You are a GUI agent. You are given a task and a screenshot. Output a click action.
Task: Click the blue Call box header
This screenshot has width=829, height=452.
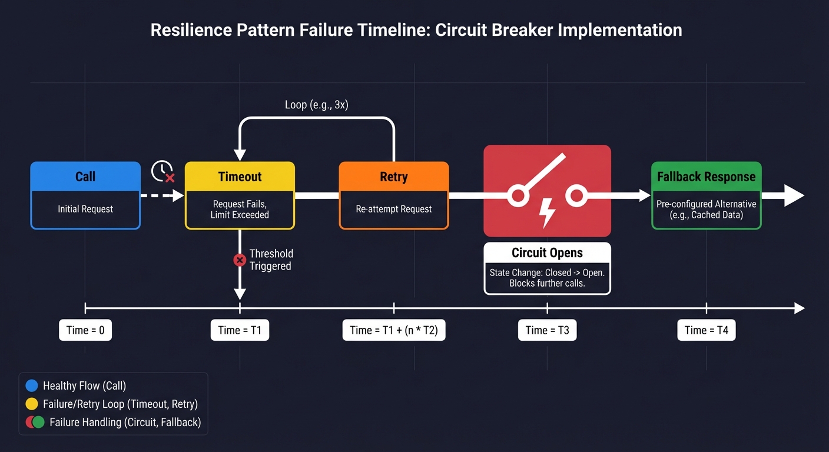(x=85, y=177)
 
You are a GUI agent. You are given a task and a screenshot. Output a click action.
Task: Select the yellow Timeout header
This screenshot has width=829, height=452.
(x=240, y=177)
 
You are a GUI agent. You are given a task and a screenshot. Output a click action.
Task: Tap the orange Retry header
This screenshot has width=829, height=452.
(x=393, y=177)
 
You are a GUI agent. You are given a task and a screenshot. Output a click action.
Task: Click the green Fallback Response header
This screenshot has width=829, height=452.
(x=706, y=177)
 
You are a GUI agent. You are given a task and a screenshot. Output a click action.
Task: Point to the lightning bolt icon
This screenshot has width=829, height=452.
(x=548, y=213)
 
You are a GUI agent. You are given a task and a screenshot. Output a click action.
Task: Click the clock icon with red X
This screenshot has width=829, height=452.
(x=163, y=171)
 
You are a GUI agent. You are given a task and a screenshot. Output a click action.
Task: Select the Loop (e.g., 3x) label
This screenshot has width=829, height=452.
(x=317, y=105)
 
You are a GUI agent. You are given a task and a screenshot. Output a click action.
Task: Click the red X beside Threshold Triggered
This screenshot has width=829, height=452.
(x=240, y=260)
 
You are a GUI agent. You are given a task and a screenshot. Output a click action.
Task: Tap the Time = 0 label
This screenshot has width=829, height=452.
(x=85, y=330)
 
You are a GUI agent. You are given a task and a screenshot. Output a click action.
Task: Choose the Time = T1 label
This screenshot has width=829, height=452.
(x=240, y=330)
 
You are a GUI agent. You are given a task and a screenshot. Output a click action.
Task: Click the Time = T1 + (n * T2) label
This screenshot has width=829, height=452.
(x=394, y=330)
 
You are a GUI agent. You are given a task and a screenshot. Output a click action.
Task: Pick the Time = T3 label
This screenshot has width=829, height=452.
(x=547, y=330)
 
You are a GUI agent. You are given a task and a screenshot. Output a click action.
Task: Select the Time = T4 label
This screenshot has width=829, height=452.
(x=706, y=330)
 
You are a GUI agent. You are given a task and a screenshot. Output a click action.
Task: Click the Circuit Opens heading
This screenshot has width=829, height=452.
(x=547, y=253)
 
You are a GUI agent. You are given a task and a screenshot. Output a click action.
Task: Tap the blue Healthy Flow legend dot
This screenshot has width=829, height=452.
(x=32, y=386)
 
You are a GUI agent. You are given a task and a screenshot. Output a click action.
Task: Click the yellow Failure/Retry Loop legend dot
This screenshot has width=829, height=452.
(x=32, y=404)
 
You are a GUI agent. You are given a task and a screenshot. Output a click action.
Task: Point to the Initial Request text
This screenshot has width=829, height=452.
(x=85, y=209)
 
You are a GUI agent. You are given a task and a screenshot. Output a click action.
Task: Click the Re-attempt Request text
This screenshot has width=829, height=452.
(x=393, y=209)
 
